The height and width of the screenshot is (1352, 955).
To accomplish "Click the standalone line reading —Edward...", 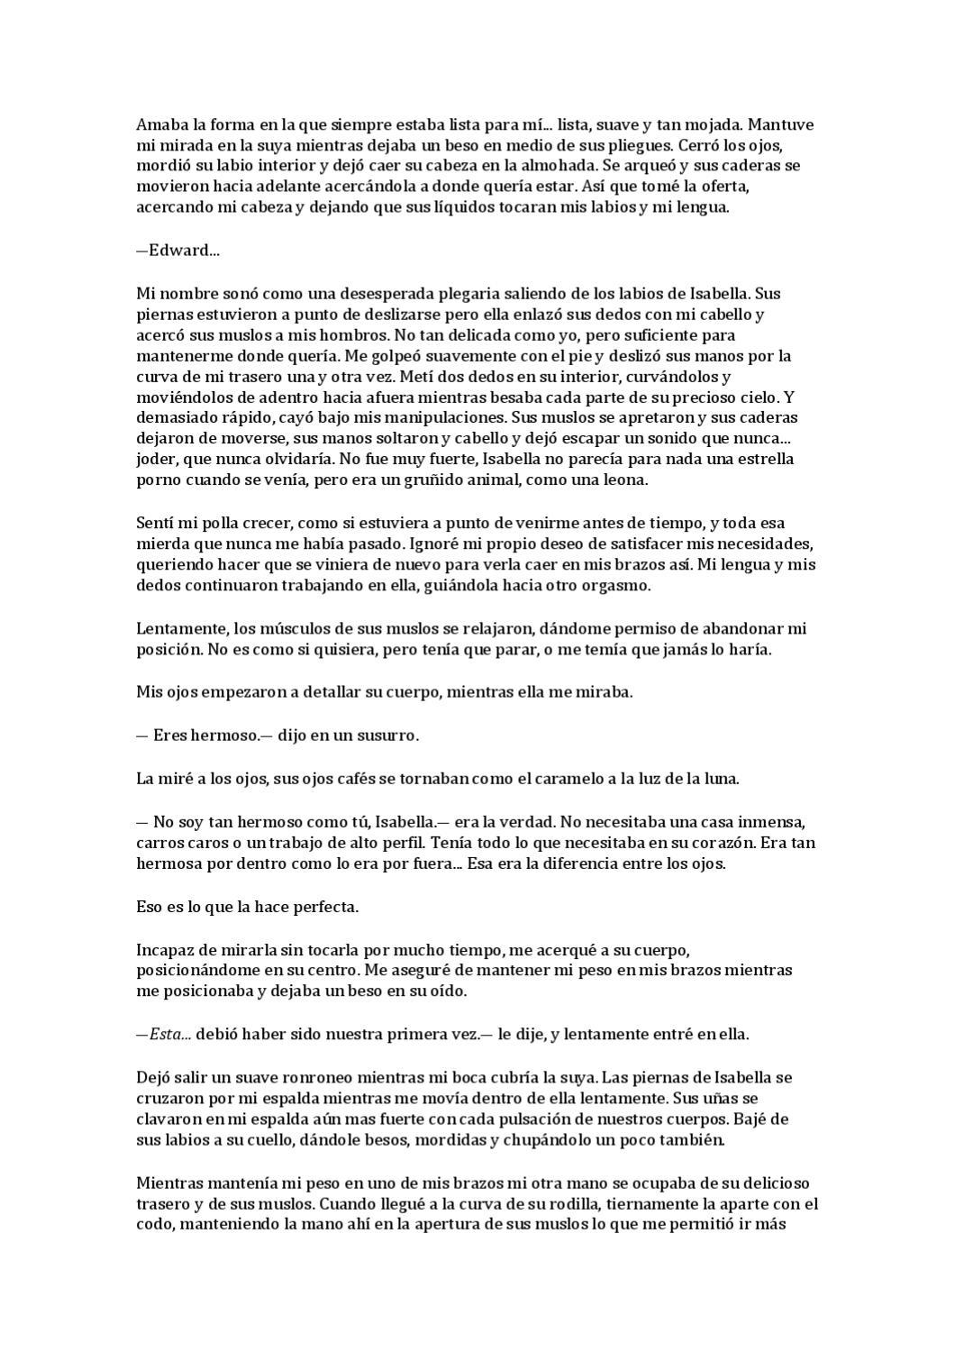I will coord(177,251).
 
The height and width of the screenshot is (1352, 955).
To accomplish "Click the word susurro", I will coord(390,735).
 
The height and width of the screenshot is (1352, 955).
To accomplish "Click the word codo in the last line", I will coord(152,1225).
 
